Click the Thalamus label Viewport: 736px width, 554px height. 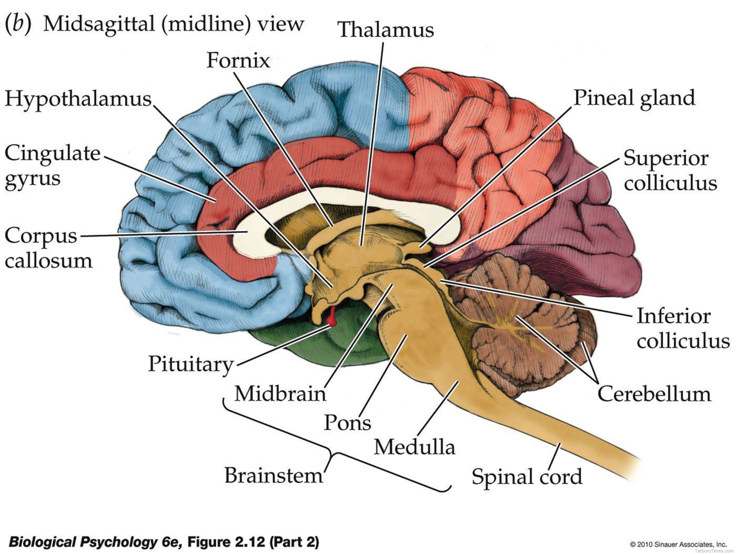pos(386,29)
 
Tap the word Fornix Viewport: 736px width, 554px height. pos(238,60)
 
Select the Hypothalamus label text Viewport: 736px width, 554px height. pos(78,98)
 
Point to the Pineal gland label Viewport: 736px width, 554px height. pos(634,98)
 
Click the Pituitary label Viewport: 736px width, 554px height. pos(191,364)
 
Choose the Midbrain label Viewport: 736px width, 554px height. pos(280,393)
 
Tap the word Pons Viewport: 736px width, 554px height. pos(347,422)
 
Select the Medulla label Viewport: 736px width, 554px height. pos(414,447)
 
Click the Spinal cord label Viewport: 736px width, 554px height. pos(526,477)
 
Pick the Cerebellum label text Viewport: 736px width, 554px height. pos(654,394)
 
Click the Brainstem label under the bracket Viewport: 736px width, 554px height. pos(274,475)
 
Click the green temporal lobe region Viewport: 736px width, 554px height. pos(323,345)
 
